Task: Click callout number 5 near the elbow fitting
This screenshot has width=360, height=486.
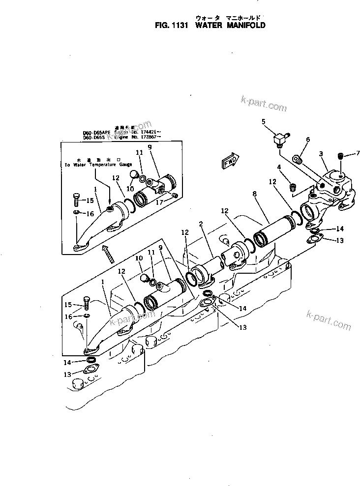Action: pos(263,121)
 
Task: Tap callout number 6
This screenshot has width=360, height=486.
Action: pos(308,140)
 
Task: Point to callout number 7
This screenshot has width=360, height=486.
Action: pos(358,153)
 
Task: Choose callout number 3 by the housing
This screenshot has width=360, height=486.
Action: pos(320,154)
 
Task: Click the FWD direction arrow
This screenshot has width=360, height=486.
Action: pos(230,161)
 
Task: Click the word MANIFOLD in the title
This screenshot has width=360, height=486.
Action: pos(244,25)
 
